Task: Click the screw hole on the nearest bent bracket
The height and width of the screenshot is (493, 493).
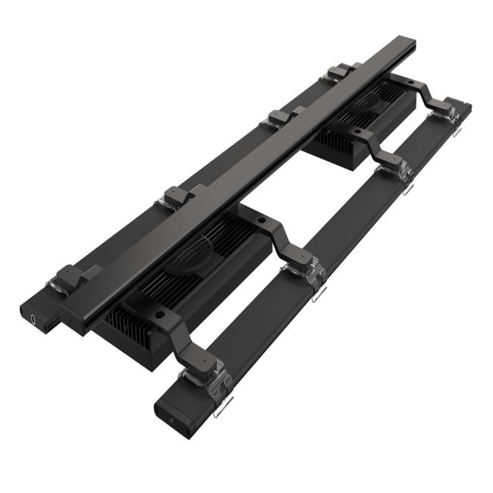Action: tap(159, 312)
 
